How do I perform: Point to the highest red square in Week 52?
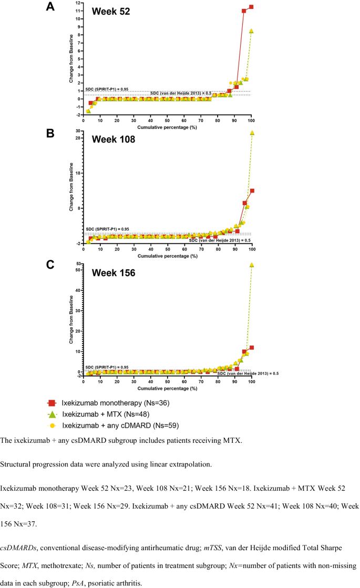coord(252,7)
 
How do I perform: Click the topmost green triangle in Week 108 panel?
coord(252,133)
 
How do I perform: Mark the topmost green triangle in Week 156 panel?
coord(252,265)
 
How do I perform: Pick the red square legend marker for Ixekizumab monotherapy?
coord(52,403)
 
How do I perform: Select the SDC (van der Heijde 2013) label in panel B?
coord(219,240)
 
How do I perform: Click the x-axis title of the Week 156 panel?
coord(168,388)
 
